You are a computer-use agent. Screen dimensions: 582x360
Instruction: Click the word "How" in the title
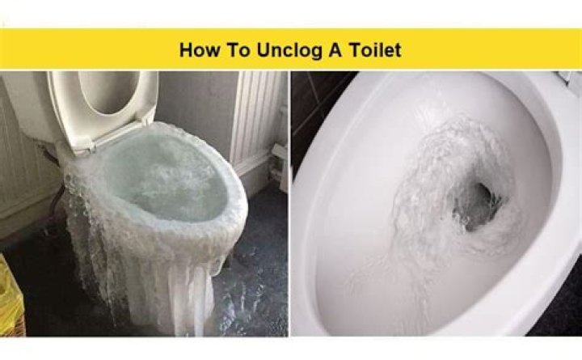click(x=199, y=50)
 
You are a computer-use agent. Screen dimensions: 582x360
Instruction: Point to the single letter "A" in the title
click(x=335, y=50)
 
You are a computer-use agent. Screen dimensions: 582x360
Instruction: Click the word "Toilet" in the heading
click(x=375, y=50)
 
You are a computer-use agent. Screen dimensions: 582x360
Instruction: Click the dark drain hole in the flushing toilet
click(x=478, y=205)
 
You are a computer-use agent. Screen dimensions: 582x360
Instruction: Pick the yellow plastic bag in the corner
click(x=11, y=294)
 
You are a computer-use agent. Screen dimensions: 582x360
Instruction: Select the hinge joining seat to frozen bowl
click(x=83, y=145)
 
